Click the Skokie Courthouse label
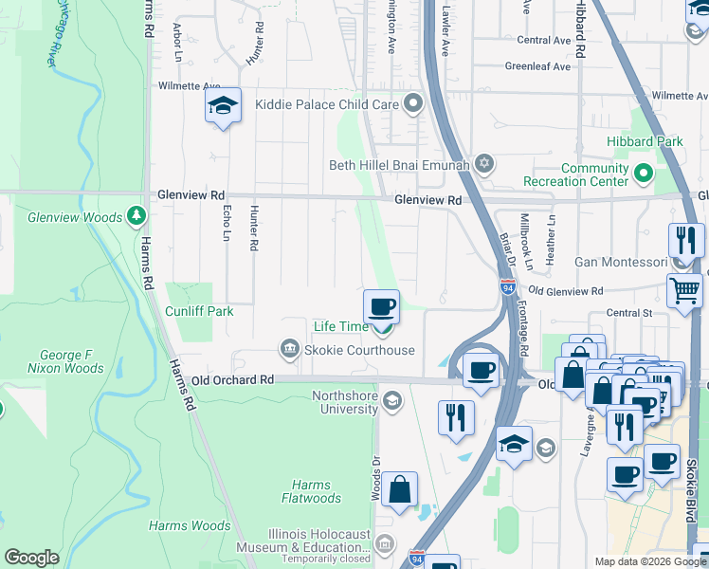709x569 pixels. click(x=359, y=350)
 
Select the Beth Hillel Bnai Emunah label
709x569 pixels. click(x=399, y=165)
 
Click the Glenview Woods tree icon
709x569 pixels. click(x=138, y=217)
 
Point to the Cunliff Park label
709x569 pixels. click(x=199, y=311)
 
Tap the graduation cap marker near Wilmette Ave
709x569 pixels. click(x=224, y=106)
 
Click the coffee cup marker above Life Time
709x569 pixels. click(x=381, y=307)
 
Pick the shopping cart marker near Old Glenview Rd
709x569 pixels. click(x=684, y=290)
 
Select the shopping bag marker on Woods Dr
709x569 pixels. click(x=400, y=490)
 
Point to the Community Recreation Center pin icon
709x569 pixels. click(x=644, y=174)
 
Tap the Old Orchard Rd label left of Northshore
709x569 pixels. click(x=232, y=379)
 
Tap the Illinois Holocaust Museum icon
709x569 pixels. click(x=385, y=543)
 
